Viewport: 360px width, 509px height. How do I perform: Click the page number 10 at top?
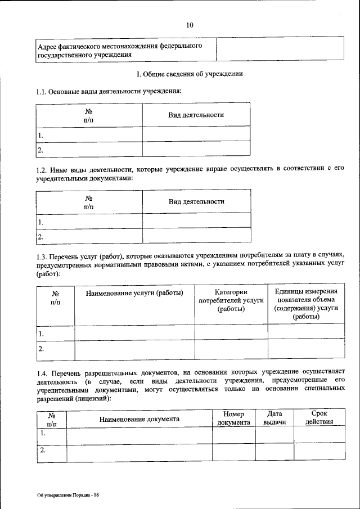(190, 25)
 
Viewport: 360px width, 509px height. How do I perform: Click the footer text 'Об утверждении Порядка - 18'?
(68, 494)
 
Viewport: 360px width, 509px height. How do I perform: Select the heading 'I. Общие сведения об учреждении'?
(190, 74)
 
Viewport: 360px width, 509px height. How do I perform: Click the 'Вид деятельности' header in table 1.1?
(196, 115)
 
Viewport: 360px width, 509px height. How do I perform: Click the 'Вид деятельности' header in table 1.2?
(196, 201)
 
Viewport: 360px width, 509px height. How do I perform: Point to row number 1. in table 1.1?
(41, 135)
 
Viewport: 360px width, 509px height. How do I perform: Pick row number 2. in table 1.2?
(41, 237)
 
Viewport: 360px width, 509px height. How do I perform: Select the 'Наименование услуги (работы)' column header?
(134, 293)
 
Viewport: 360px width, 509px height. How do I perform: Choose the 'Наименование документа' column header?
(139, 419)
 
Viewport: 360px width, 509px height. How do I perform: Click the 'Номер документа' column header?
(233, 418)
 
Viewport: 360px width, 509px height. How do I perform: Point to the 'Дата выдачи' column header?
(274, 418)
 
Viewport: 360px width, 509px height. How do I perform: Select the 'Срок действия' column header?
(319, 418)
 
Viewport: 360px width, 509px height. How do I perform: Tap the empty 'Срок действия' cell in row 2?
(319, 452)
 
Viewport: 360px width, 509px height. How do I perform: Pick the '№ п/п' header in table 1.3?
(55, 298)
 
